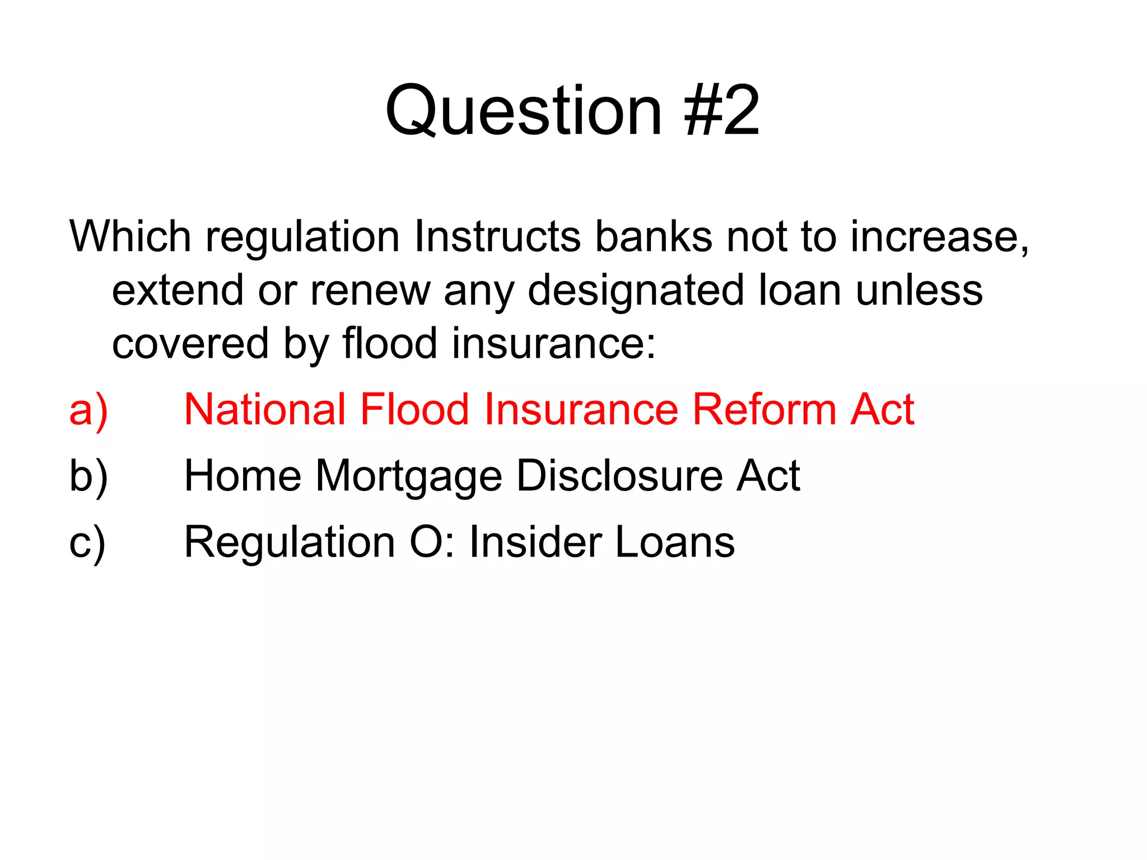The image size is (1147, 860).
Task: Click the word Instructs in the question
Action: tap(497, 237)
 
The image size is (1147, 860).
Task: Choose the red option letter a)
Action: tap(88, 410)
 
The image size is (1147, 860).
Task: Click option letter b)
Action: tap(88, 476)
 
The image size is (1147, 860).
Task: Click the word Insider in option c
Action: tap(534, 542)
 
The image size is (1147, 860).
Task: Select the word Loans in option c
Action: tap(675, 542)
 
